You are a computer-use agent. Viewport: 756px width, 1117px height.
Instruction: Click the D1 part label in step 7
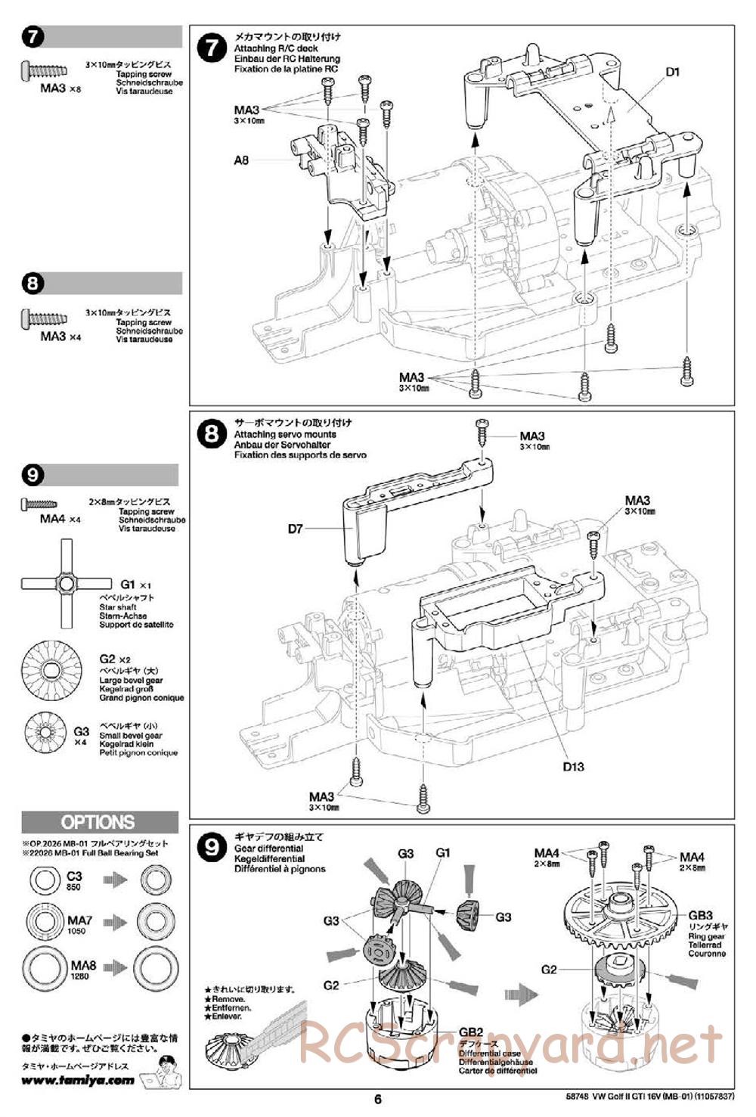click(673, 72)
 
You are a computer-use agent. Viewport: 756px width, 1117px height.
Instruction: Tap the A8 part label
click(241, 160)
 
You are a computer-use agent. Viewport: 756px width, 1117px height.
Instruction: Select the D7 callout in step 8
click(295, 529)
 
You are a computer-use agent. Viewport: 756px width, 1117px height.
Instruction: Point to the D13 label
click(573, 766)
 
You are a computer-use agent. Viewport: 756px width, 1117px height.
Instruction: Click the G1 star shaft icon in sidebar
click(67, 584)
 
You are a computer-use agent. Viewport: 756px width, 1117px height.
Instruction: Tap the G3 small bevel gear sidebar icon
click(48, 733)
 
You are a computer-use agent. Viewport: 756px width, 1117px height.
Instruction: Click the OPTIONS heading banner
click(99, 822)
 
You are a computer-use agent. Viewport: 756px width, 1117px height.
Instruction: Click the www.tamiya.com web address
click(78, 1080)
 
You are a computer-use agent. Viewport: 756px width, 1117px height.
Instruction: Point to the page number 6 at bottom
click(378, 1099)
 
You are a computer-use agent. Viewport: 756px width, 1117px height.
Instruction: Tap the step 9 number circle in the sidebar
click(33, 475)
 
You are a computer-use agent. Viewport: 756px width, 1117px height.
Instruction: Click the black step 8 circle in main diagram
click(211, 433)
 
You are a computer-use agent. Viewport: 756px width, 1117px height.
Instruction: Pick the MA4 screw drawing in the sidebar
click(40, 502)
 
